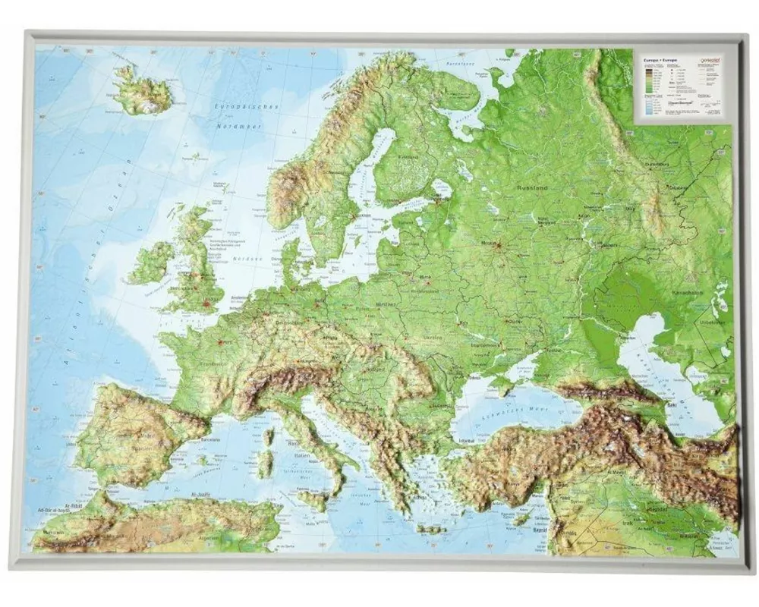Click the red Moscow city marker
point(499,244)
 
